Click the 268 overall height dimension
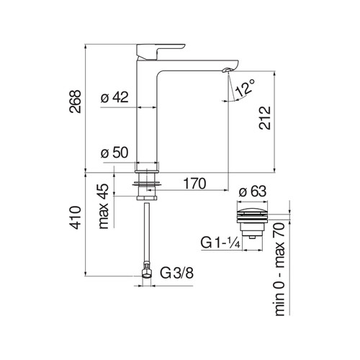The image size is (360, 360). [75, 102]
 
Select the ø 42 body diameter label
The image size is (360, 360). [114, 97]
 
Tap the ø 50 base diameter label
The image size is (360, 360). [114, 153]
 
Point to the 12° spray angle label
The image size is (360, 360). [245, 88]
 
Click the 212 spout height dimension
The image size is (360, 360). [265, 118]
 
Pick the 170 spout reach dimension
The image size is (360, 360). [194, 184]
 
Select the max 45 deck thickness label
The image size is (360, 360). [104, 206]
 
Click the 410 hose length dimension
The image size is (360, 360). [75, 217]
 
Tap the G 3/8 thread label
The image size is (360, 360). [176, 273]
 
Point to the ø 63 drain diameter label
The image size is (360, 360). [253, 192]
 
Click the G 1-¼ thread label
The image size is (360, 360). [220, 243]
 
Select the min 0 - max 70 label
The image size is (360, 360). [279, 269]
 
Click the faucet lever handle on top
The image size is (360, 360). [160, 51]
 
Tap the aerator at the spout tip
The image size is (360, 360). [227, 70]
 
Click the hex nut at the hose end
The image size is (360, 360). [146, 273]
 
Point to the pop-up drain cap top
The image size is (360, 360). [252, 212]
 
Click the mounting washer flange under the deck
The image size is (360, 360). [147, 184]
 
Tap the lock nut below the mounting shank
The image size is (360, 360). [147, 198]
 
